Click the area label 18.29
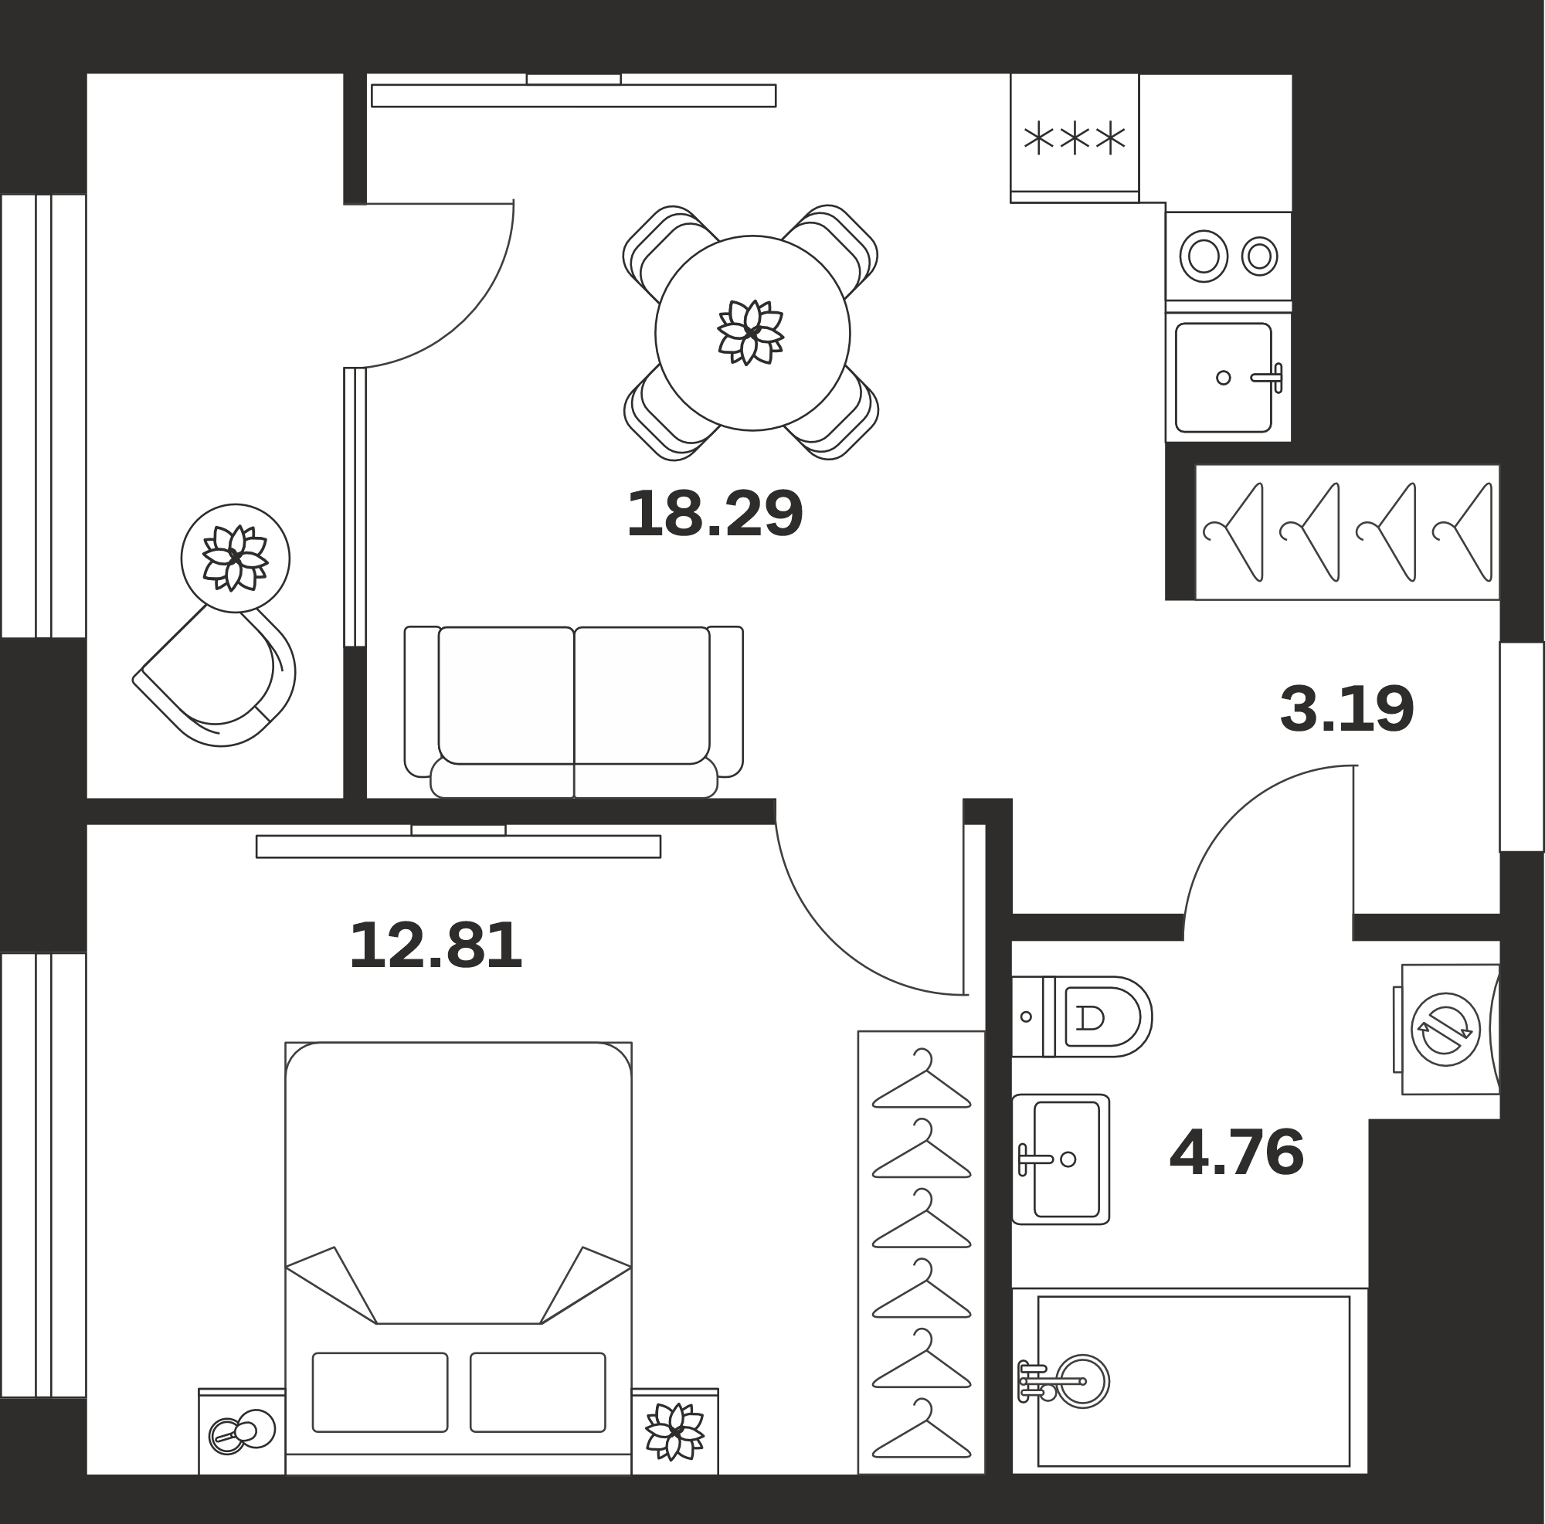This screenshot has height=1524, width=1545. coord(714,514)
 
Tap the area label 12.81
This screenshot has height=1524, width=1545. coord(436,946)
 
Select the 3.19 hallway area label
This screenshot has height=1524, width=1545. coord(1346,709)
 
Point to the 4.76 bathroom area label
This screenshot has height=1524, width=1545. coord(1236,1153)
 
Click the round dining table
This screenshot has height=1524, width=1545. coord(752,334)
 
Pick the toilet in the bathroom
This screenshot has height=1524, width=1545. coord(1082,1017)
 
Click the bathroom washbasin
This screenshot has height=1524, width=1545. coord(1061,1159)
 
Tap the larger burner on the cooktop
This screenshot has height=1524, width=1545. coord(1204,256)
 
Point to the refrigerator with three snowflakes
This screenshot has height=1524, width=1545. coord(1075,138)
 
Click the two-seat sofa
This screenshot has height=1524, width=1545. coord(573,711)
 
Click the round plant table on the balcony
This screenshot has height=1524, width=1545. coord(235,558)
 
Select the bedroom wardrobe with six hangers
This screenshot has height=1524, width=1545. coord(922,1252)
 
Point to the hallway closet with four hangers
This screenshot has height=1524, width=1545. coord(1347,531)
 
